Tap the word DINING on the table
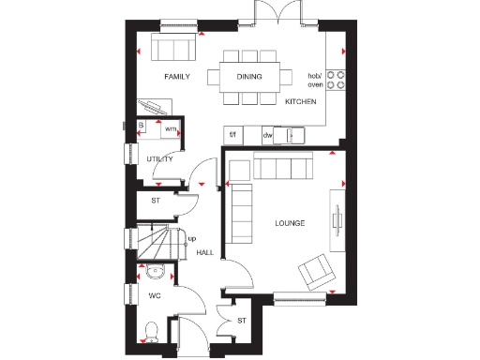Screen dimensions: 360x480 (x=248, y=77)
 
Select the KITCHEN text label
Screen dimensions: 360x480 (x=301, y=101)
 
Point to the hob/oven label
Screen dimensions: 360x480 (x=314, y=79)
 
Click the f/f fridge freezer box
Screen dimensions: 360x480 (x=233, y=135)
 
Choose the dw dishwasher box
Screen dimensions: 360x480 (x=267, y=135)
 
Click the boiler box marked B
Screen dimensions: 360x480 (x=142, y=125)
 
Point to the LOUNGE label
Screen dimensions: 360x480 (x=289, y=223)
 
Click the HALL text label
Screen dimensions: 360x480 (x=204, y=252)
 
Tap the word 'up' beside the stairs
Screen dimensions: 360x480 (x=192, y=238)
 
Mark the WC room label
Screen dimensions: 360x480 (x=155, y=296)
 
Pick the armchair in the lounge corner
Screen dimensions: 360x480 (x=314, y=273)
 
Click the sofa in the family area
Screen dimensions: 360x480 (x=174, y=47)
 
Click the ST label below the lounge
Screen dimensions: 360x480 (x=241, y=322)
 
